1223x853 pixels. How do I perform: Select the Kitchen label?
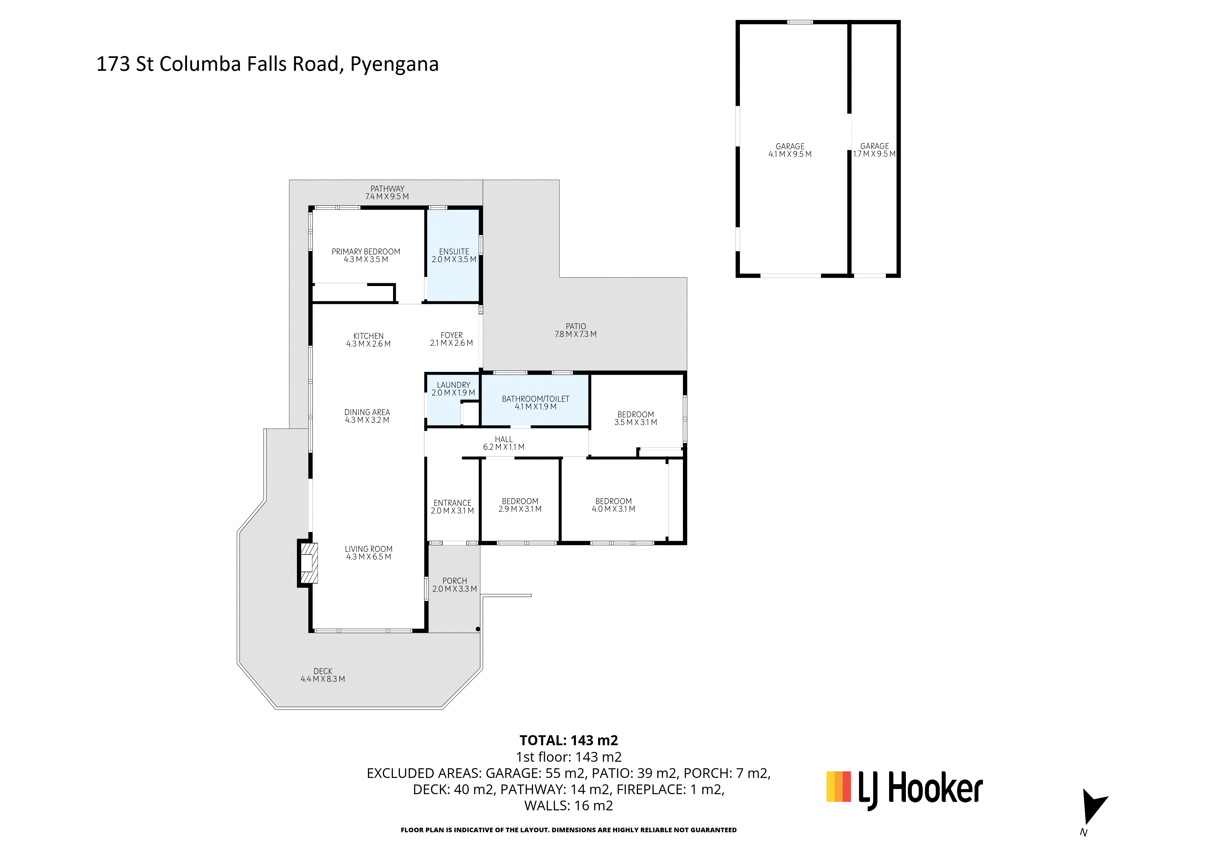click(368, 340)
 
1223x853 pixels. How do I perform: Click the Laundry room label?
click(453, 389)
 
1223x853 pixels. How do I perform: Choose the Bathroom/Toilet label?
click(535, 403)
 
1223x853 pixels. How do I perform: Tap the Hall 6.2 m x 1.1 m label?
click(503, 443)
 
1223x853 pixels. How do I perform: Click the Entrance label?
click(452, 506)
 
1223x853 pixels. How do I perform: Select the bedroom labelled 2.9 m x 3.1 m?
click(520, 505)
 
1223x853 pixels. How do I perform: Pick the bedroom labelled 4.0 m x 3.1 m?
click(613, 505)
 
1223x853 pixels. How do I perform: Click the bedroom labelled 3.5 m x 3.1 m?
click(635, 418)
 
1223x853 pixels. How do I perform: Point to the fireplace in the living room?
click(308, 563)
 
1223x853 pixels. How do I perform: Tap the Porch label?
click(455, 585)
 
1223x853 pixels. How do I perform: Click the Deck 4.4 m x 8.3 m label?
click(323, 675)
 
